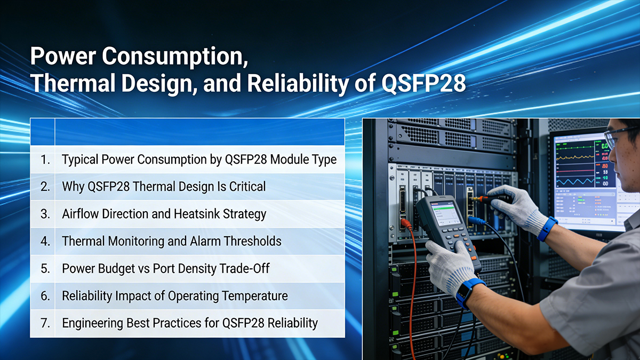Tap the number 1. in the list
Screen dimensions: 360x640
[45, 159]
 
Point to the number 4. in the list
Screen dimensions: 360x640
[45, 241]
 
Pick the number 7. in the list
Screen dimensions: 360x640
[45, 323]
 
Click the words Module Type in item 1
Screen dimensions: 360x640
[306, 159]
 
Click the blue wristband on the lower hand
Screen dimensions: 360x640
[468, 291]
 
